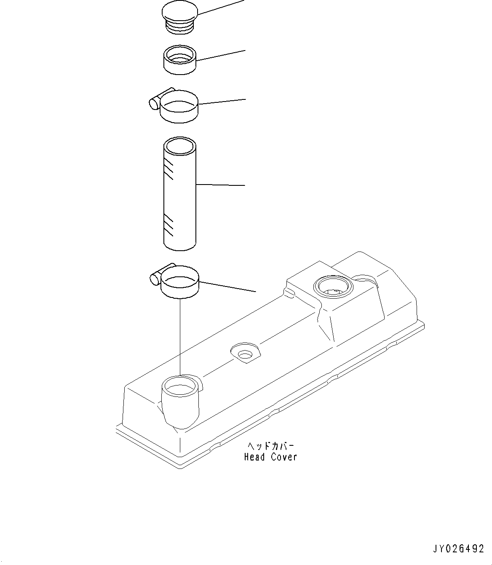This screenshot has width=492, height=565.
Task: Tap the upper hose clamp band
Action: [179, 110]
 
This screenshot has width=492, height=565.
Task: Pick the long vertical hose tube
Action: [179, 198]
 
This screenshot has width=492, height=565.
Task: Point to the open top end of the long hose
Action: [179, 146]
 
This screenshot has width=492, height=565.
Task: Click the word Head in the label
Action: [254, 457]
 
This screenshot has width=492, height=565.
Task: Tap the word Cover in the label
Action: [283, 457]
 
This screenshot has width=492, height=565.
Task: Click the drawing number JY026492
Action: [458, 549]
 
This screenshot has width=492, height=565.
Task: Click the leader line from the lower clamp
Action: [227, 286]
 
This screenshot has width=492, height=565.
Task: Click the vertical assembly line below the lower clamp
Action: [180, 337]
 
